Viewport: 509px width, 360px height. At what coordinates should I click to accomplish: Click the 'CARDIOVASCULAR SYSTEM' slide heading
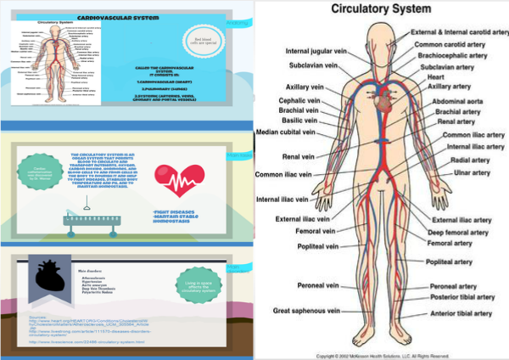154,16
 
